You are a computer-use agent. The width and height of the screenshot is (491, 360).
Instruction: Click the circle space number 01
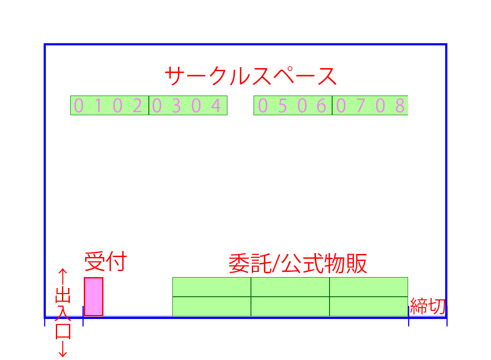[x=89, y=106]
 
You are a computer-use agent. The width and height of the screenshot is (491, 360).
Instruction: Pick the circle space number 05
[x=272, y=106]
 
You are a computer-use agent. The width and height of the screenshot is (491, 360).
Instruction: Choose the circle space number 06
[x=312, y=106]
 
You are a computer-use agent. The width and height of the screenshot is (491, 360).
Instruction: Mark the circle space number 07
[x=350, y=106]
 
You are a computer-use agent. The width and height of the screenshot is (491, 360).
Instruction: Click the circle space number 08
[x=390, y=106]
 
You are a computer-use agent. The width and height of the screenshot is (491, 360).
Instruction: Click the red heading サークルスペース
[x=251, y=76]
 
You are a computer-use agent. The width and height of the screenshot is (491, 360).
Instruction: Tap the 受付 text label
[x=105, y=262]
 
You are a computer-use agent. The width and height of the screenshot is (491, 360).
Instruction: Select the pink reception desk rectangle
[x=93, y=296]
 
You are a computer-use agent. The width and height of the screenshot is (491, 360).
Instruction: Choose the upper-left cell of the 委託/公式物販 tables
[x=212, y=287]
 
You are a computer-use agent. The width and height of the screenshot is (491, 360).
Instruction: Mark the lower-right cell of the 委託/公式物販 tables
[x=369, y=306]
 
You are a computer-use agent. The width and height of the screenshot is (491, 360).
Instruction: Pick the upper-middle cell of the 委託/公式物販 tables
[x=290, y=287]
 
